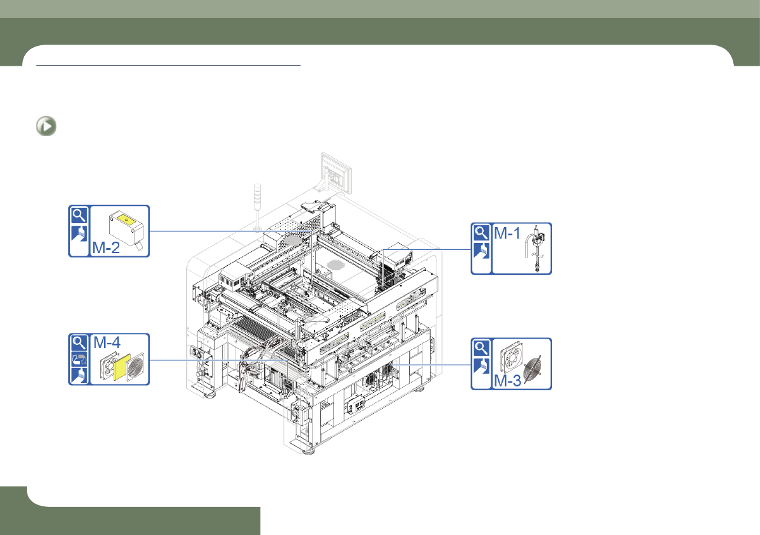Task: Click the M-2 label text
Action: click(106, 247)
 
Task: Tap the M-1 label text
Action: click(507, 233)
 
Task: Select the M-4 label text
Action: click(107, 342)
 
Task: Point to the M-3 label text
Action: click(507, 381)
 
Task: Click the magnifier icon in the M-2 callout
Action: click(79, 215)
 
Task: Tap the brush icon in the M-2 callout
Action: click(79, 233)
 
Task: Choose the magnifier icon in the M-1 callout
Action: click(481, 233)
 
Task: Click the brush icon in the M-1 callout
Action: click(481, 251)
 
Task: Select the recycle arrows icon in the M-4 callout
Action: click(79, 359)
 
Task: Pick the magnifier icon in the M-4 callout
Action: click(79, 343)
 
